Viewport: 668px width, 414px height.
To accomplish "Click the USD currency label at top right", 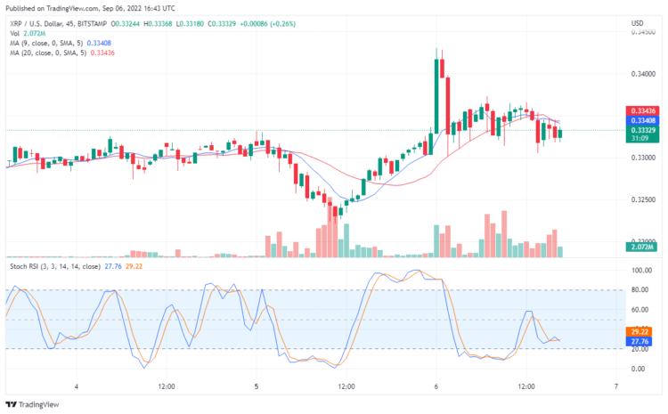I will click(x=638, y=22).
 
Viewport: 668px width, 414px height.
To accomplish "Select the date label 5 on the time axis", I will click(x=257, y=386).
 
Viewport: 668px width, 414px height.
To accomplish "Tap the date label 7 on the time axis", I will click(x=616, y=386).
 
